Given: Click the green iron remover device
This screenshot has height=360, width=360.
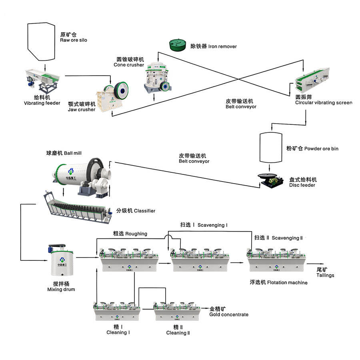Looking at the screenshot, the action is point(178,45).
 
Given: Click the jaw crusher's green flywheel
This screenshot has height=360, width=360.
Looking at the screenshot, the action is point(121,91).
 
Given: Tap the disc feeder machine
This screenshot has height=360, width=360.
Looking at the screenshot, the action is point(271,181).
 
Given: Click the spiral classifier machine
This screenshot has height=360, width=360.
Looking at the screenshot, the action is point(78,207).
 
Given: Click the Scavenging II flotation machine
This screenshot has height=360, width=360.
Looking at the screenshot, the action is point(277,260).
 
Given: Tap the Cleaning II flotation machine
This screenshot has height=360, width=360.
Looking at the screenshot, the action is point(177,312).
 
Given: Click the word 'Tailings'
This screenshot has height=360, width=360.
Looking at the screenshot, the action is point(325,275).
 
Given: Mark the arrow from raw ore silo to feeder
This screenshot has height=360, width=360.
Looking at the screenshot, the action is point(45,67).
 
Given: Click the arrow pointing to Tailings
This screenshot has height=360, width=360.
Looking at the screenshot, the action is point(316,264).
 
